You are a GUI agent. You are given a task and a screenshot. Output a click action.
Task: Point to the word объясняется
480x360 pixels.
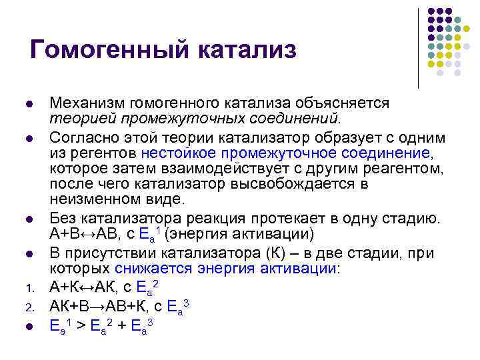point(347,104)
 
